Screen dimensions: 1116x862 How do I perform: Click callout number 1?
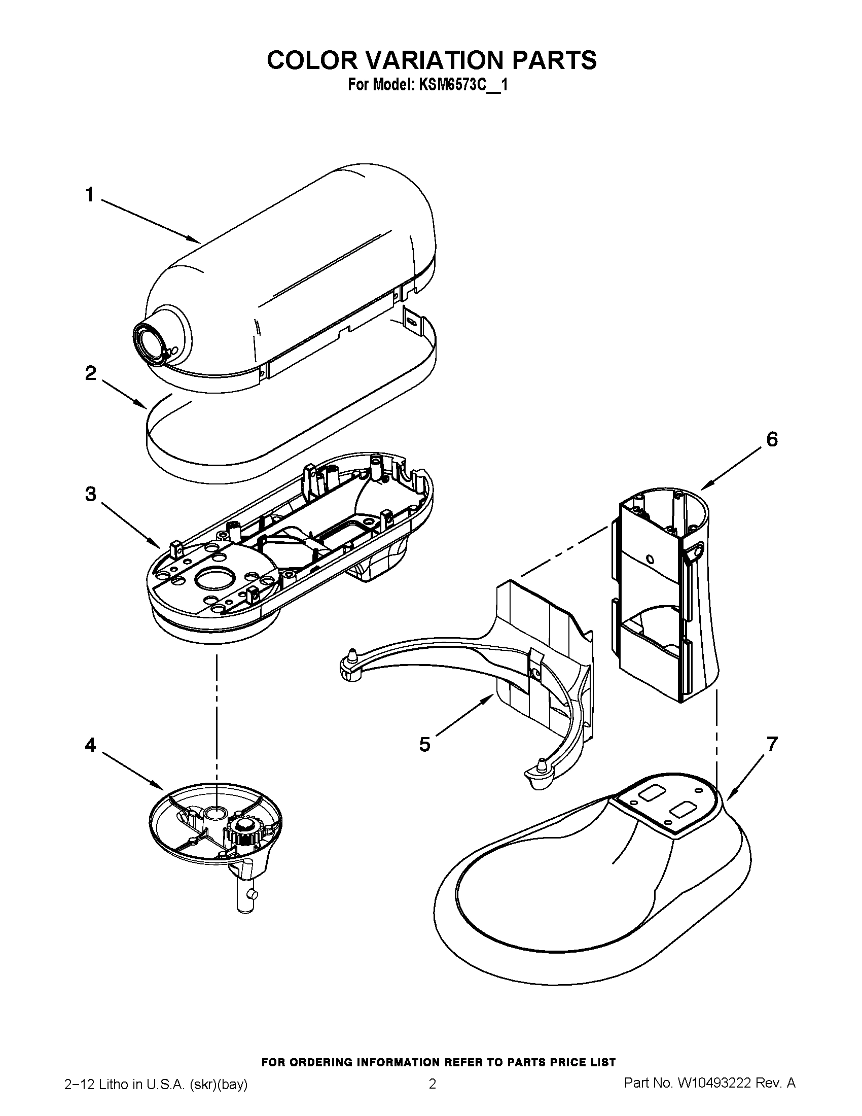(90, 195)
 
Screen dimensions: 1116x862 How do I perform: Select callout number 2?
(90, 373)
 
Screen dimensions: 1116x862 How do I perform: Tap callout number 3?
(90, 494)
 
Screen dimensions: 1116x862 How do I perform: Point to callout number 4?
(90, 746)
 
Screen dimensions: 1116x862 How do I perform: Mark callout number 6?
(772, 439)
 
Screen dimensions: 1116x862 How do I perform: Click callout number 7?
(772, 744)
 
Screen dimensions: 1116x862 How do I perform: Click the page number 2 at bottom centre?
(432, 1097)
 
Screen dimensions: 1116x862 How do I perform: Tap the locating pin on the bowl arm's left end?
(351, 655)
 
